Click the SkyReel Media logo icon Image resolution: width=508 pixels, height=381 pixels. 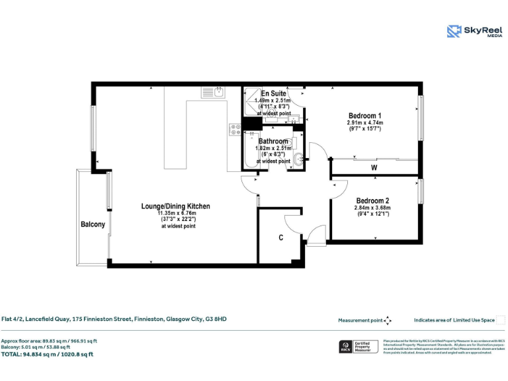click(x=454, y=31)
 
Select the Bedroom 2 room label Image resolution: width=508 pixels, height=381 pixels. click(x=372, y=201)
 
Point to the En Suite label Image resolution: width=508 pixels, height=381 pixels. click(x=274, y=94)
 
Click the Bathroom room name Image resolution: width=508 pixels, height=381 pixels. click(x=273, y=142)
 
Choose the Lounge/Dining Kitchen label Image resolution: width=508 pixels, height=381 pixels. click(x=175, y=206)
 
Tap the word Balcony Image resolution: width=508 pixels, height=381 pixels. click(x=93, y=225)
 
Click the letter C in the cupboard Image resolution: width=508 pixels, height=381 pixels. click(x=280, y=237)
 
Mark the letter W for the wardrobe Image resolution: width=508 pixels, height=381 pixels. click(x=374, y=168)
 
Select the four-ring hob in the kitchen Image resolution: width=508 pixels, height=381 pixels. click(x=235, y=130)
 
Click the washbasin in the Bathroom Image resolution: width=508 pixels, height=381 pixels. click(x=298, y=158)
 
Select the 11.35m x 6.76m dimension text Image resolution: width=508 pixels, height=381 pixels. click(x=177, y=214)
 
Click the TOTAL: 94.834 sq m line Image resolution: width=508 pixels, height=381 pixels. click(x=47, y=354)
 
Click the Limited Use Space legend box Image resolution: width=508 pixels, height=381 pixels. click(x=501, y=320)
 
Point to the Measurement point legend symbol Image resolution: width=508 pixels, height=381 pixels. click(x=388, y=320)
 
